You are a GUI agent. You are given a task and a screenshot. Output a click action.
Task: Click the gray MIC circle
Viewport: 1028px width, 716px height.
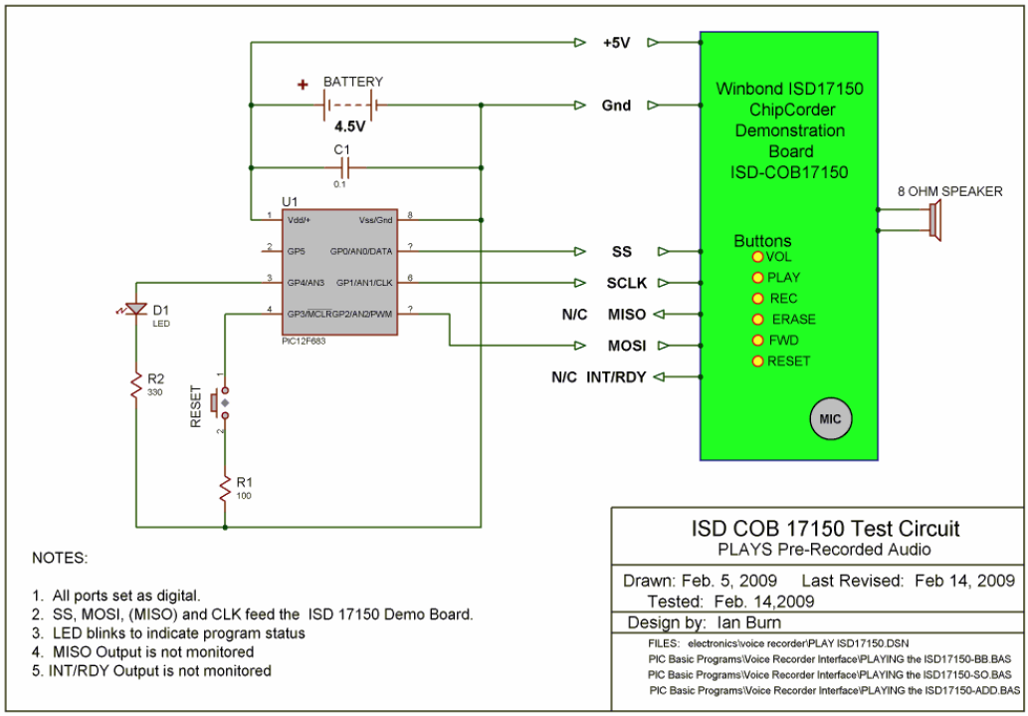pos(830,418)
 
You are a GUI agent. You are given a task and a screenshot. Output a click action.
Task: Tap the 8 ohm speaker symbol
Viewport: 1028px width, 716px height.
pos(934,219)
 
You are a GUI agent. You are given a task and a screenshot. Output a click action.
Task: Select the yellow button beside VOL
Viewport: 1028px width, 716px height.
pos(757,257)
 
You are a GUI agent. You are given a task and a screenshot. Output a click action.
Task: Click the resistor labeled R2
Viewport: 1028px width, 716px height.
pos(134,385)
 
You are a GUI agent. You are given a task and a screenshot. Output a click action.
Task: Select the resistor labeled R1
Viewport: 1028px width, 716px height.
pos(226,488)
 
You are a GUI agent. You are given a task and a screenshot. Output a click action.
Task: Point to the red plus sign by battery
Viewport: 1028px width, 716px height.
pos(303,85)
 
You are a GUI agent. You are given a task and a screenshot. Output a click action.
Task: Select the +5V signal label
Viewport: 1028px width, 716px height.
pos(617,44)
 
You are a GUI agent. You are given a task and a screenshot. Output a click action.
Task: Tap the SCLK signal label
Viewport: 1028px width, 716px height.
pos(627,283)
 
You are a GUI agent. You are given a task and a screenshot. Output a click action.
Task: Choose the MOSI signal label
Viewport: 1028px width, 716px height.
pos(627,346)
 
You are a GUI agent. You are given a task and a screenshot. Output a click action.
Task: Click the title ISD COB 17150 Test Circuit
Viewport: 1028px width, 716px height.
pos(826,529)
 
